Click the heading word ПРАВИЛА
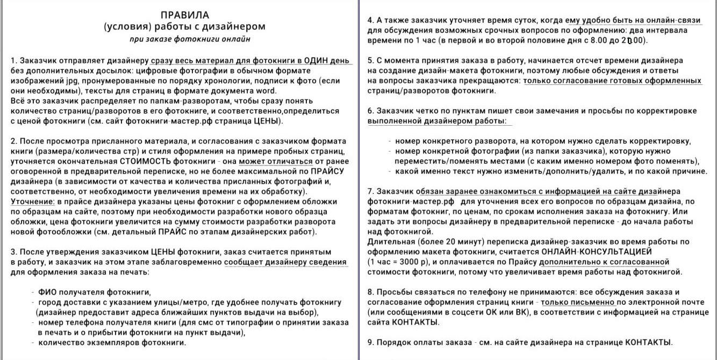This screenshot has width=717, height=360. point(185,15)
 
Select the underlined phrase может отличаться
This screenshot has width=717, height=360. point(276,161)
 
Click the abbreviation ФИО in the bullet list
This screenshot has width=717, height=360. point(47,292)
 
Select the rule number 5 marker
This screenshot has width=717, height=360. point(370,61)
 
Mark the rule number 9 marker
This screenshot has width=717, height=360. point(370,342)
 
